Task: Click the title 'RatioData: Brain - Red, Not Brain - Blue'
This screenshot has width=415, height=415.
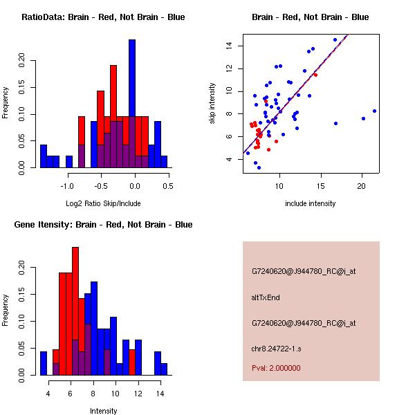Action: pos(103,17)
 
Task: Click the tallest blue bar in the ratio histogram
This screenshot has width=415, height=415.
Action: pos(132,104)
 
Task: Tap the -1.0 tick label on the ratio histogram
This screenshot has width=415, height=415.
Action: pos(67,186)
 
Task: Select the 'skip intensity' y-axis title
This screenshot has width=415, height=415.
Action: pos(212,104)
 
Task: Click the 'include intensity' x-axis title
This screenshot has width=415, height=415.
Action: pos(311,203)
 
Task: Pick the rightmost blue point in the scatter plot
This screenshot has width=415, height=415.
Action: pos(374,111)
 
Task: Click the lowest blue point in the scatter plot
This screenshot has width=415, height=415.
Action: pos(259,167)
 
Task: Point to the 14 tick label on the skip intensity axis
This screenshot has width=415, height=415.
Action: pos(228,46)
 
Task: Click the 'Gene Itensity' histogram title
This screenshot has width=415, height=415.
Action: pos(103,225)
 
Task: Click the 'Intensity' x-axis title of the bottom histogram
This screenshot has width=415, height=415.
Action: pos(104,411)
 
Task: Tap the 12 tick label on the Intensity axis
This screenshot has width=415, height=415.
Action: pos(137,394)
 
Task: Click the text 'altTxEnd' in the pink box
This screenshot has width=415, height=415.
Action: pos(266,297)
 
